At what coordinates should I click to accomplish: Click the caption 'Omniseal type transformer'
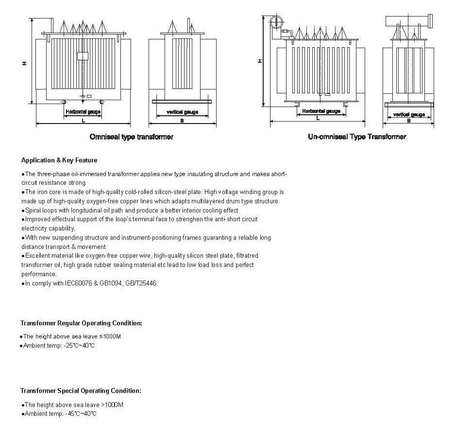pyautogui.click(x=131, y=137)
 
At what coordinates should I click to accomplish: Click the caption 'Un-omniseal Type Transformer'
pyautogui.click(x=357, y=137)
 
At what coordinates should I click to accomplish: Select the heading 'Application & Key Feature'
pyautogui.click(x=59, y=160)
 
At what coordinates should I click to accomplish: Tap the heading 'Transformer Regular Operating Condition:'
pyautogui.click(x=81, y=323)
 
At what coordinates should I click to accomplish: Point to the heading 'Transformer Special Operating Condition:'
pyautogui.click(x=81, y=390)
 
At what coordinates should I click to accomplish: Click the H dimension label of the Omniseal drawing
pyautogui.click(x=24, y=63)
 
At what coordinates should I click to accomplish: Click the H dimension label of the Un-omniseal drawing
pyautogui.click(x=260, y=61)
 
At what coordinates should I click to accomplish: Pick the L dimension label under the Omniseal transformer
pyautogui.click(x=83, y=120)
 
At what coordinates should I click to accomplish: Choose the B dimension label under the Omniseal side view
pyautogui.click(x=182, y=120)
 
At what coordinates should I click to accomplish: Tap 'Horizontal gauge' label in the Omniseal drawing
pyautogui.click(x=83, y=112)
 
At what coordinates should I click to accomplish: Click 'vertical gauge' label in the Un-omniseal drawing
pyautogui.click(x=409, y=115)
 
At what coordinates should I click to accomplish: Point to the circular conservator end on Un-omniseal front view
pyautogui.click(x=275, y=21)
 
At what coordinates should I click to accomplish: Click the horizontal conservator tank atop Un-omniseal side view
pyautogui.click(x=408, y=21)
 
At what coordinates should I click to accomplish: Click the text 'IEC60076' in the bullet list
pyautogui.click(x=77, y=283)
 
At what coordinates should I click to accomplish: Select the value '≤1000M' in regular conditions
pyautogui.click(x=110, y=337)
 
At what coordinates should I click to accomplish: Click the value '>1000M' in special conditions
pyautogui.click(x=112, y=405)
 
